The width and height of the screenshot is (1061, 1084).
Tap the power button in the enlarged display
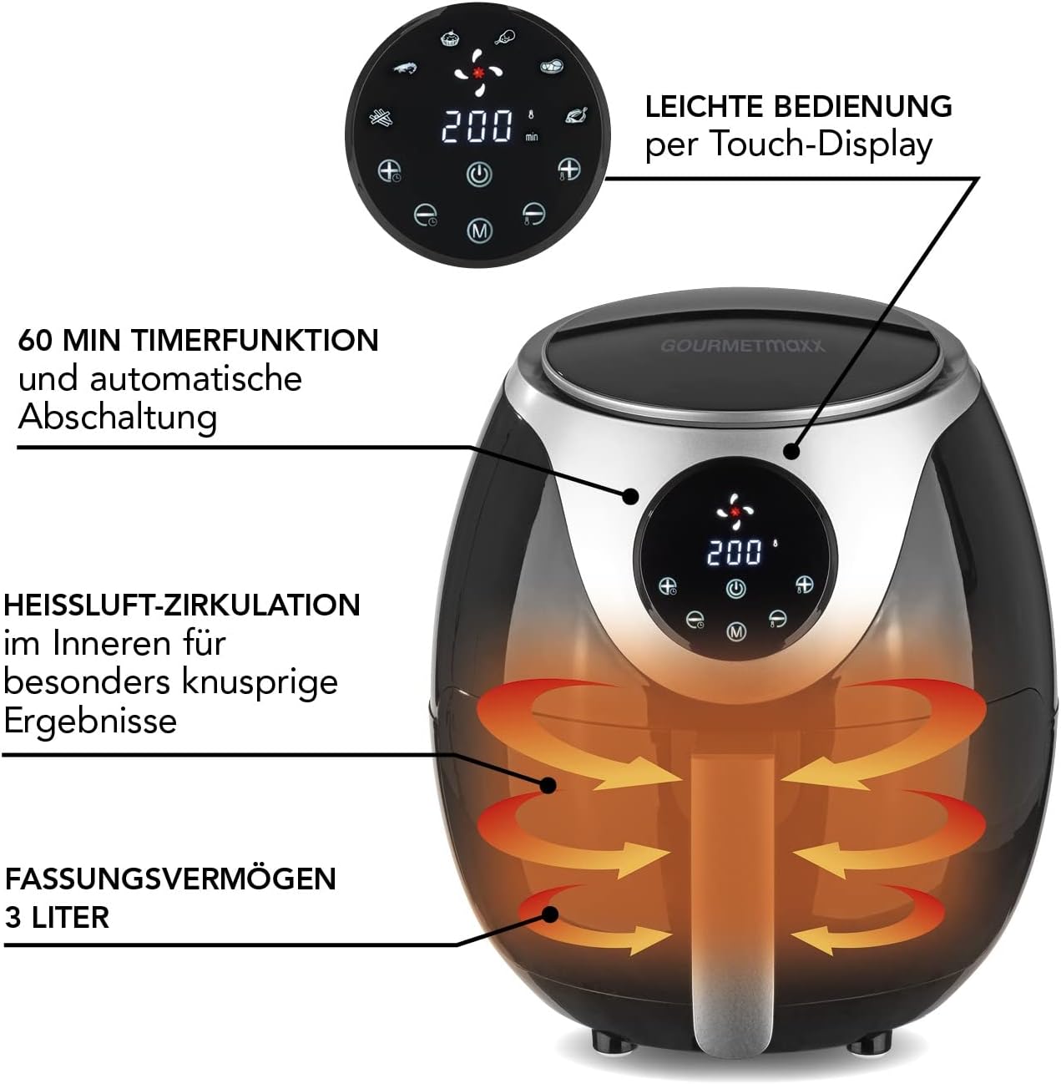[x=479, y=175]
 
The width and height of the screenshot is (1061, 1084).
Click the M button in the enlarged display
[x=479, y=230]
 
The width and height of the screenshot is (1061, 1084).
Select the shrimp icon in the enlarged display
[x=405, y=68]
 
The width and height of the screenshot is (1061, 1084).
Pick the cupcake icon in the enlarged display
[x=450, y=38]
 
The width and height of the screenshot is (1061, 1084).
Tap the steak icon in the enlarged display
[x=552, y=66]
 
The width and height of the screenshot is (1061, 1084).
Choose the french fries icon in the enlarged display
[x=381, y=118]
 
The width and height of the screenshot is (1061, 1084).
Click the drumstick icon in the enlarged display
[x=505, y=37]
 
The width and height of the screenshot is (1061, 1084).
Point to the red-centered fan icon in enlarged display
[x=478, y=73]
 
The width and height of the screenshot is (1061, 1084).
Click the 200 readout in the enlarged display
[x=477, y=126]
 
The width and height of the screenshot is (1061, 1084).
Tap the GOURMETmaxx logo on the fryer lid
[x=743, y=346]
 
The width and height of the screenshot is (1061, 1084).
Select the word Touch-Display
[x=821, y=144]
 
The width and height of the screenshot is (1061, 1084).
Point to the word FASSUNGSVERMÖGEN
[x=170, y=878]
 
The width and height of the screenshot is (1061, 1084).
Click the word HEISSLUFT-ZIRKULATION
[x=182, y=605]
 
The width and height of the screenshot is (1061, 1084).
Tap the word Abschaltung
[x=118, y=418]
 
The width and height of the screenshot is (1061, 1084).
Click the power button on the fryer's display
[x=735, y=589]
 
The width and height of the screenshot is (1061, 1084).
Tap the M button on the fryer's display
[x=735, y=631]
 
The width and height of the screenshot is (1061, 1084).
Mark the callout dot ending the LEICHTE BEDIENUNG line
[x=792, y=451]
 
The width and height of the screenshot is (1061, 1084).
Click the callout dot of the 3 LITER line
[x=550, y=914]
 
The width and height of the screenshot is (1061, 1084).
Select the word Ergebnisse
[x=90, y=721]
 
